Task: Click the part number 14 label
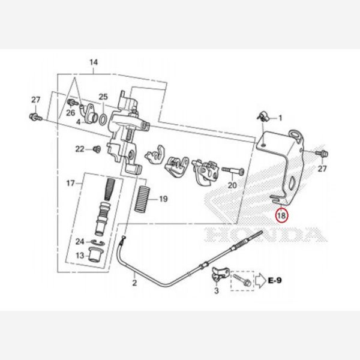tap(93, 62)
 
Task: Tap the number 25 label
tap(103, 97)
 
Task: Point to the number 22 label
tap(79, 148)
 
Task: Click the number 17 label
tap(70, 182)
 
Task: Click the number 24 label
tap(80, 242)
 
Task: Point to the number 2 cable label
tap(134, 281)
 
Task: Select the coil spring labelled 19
tap(144, 197)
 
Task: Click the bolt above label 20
tap(230, 170)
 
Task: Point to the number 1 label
tap(280, 118)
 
